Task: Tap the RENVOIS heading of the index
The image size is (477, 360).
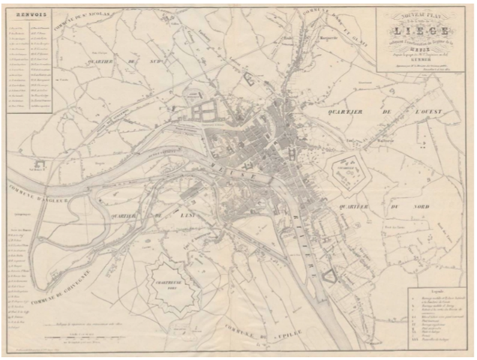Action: pyautogui.click(x=25, y=13)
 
